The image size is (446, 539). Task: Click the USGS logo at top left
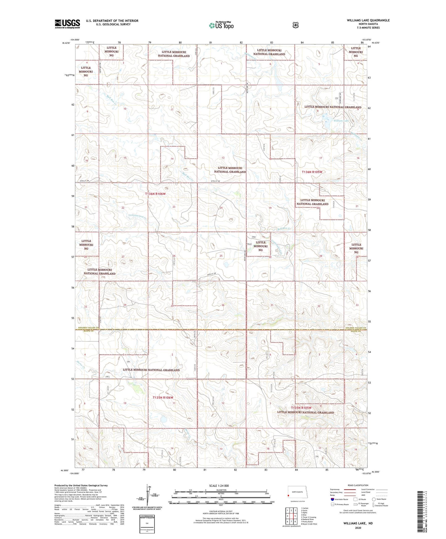point(67,24)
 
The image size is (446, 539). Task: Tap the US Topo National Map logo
point(221,25)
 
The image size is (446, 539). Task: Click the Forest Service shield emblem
point(295,25)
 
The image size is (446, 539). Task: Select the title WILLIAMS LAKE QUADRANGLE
point(368,20)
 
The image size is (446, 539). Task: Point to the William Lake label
point(341,121)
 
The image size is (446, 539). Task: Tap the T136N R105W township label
point(313,172)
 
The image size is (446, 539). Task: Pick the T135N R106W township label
point(163,398)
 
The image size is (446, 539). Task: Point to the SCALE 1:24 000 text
point(219,486)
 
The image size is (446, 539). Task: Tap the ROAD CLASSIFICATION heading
point(358,485)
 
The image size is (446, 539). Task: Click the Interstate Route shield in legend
point(332,499)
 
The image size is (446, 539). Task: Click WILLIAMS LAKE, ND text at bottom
point(358,523)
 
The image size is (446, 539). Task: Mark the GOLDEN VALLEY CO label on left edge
point(89,328)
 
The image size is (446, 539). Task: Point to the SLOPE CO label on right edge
point(355,331)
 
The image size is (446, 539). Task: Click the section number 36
point(223,305)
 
